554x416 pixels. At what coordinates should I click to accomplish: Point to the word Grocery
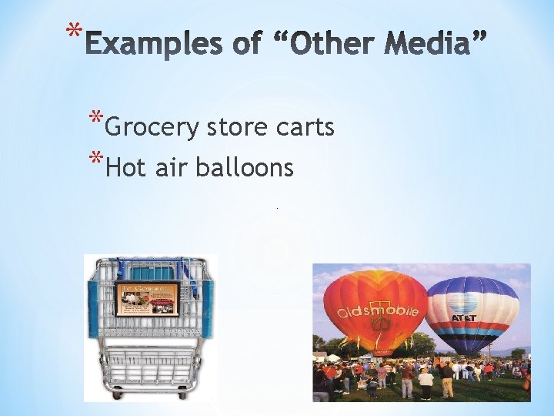point(152,127)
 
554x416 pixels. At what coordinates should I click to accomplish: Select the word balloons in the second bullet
point(244,167)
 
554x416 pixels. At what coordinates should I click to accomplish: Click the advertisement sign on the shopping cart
point(147,299)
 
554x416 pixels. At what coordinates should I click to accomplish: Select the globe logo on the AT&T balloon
point(464,303)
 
